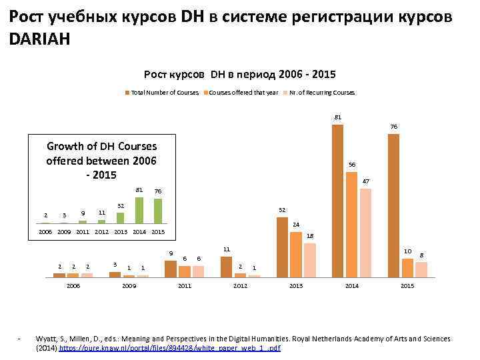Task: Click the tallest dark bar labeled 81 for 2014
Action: (x=337, y=200)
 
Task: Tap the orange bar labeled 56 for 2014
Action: (x=351, y=224)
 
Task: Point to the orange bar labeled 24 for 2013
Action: (x=295, y=253)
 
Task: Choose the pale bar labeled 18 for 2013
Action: (x=309, y=259)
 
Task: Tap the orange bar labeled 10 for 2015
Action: (x=407, y=267)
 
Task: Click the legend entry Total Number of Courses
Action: (x=164, y=92)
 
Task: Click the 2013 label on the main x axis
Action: (x=295, y=285)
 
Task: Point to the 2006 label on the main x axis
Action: (x=73, y=285)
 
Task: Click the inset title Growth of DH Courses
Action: (x=101, y=146)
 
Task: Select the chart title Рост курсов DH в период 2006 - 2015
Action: (x=240, y=75)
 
